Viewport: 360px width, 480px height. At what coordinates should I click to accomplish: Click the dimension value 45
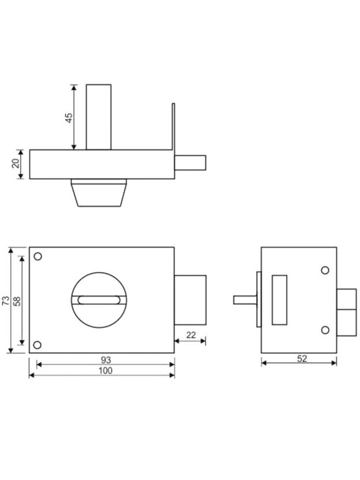coord(69,118)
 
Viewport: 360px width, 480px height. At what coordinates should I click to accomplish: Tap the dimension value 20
coord(16,163)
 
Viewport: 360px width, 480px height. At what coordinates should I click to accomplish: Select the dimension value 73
coord(6,301)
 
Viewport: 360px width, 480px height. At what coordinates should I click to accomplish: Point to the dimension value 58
coord(17,301)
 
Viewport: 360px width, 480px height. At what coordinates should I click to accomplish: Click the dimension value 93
coord(106,359)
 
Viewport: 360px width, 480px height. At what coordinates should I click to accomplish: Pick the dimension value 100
coord(106,370)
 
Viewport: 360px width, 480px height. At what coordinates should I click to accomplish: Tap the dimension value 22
coord(191,335)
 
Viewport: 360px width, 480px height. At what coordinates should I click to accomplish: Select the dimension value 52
coord(302,358)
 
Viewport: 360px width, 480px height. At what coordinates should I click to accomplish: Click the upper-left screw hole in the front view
coord(37,256)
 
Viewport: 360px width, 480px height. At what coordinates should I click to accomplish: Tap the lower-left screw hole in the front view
coord(37,345)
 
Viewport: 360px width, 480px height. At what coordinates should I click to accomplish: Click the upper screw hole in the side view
coord(325,271)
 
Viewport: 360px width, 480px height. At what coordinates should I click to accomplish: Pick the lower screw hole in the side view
coord(325,330)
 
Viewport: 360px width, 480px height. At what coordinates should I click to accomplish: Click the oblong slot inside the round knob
coord(99,300)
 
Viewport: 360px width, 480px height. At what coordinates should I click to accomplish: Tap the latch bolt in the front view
coord(190,300)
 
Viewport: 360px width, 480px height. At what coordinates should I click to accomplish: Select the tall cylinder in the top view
coord(99,117)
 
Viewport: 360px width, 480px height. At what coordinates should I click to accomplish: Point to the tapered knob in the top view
coord(99,193)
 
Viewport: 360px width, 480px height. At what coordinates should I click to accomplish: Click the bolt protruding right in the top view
coord(190,163)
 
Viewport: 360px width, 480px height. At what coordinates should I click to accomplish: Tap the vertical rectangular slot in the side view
coord(279,300)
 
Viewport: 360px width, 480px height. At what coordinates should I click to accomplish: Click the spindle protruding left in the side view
coord(245,300)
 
